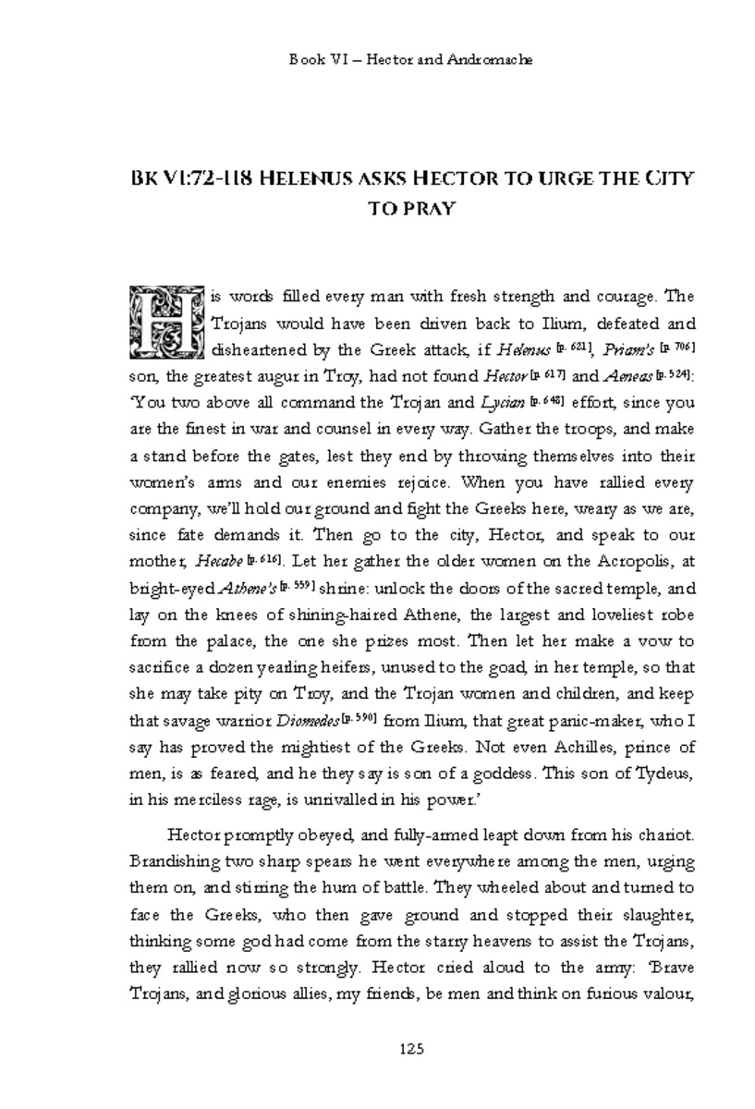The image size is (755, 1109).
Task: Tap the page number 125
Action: coord(411,1048)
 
